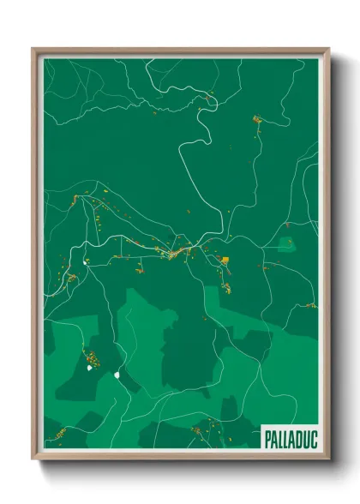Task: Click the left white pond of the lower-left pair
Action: tap(89, 369)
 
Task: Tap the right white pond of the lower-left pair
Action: tap(116, 374)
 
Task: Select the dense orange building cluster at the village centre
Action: tap(180, 253)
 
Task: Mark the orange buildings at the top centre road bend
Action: tap(207, 98)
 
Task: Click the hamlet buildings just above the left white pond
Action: tap(88, 353)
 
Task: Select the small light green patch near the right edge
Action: tap(285, 245)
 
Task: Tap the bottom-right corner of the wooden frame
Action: tap(328, 459)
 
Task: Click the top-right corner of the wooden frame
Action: tap(328, 50)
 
